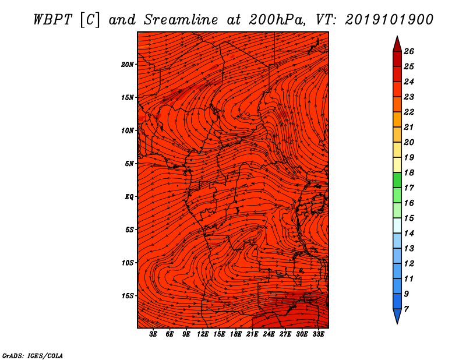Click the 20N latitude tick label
pyautogui.click(x=128, y=64)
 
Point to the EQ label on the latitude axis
pyautogui.click(x=129, y=196)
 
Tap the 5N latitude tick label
pyautogui.click(x=129, y=163)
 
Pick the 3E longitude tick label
pyautogui.click(x=153, y=334)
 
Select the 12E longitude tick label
pyautogui.click(x=203, y=334)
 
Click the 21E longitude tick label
pyautogui.click(x=252, y=334)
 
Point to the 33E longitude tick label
pyautogui.click(x=318, y=334)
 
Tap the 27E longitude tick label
pyautogui.click(x=285, y=334)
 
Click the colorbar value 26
pyautogui.click(x=409, y=51)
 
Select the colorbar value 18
pyautogui.click(x=409, y=172)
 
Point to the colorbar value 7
pyautogui.click(x=406, y=309)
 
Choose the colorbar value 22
pyautogui.click(x=409, y=112)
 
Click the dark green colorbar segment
pyautogui.click(x=397, y=180)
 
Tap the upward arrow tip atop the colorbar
pyautogui.click(x=397, y=36)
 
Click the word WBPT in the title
pyautogui.click(x=52, y=20)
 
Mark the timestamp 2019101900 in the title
pyautogui.click(x=389, y=20)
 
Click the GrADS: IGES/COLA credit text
pyautogui.click(x=33, y=355)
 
